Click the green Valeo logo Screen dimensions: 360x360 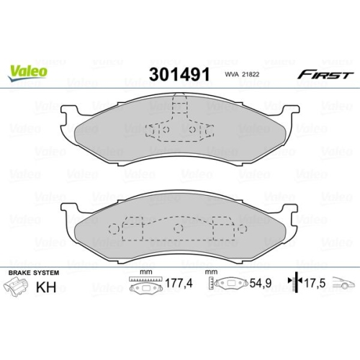(x=29, y=71)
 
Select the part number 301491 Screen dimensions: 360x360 (x=179, y=75)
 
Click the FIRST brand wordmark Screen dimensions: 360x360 (x=326, y=75)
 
